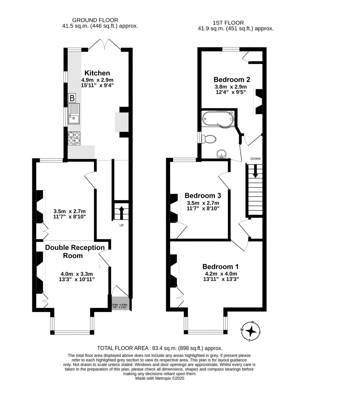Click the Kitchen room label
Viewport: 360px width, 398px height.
[97, 73]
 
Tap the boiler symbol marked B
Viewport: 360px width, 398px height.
[72, 98]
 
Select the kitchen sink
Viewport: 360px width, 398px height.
[73, 113]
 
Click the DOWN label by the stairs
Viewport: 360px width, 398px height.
[255, 159]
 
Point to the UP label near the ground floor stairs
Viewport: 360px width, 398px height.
[121, 225]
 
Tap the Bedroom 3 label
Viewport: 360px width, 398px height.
[202, 195]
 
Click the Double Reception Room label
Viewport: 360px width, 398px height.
[75, 252]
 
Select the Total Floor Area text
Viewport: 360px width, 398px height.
[159, 348]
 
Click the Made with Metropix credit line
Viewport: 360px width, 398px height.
[160, 378]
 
